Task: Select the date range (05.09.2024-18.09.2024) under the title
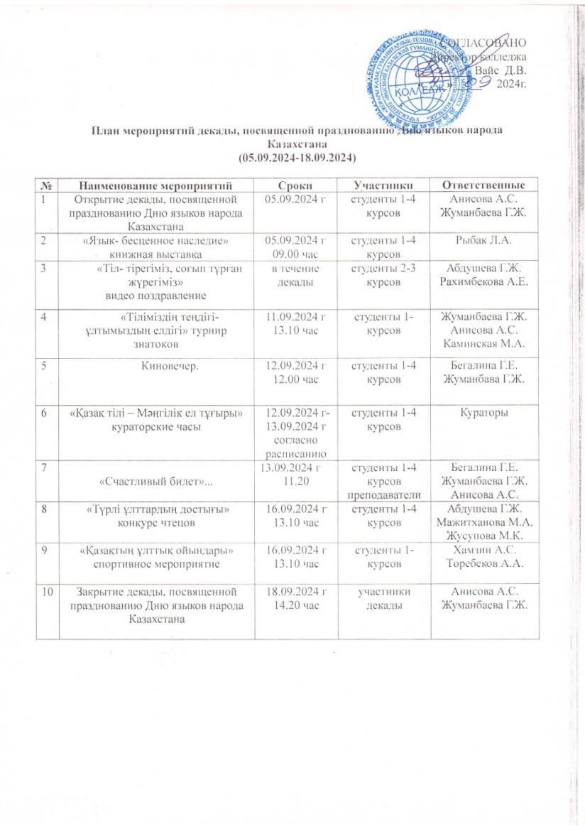click(297, 155)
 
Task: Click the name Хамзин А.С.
click(480, 551)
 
